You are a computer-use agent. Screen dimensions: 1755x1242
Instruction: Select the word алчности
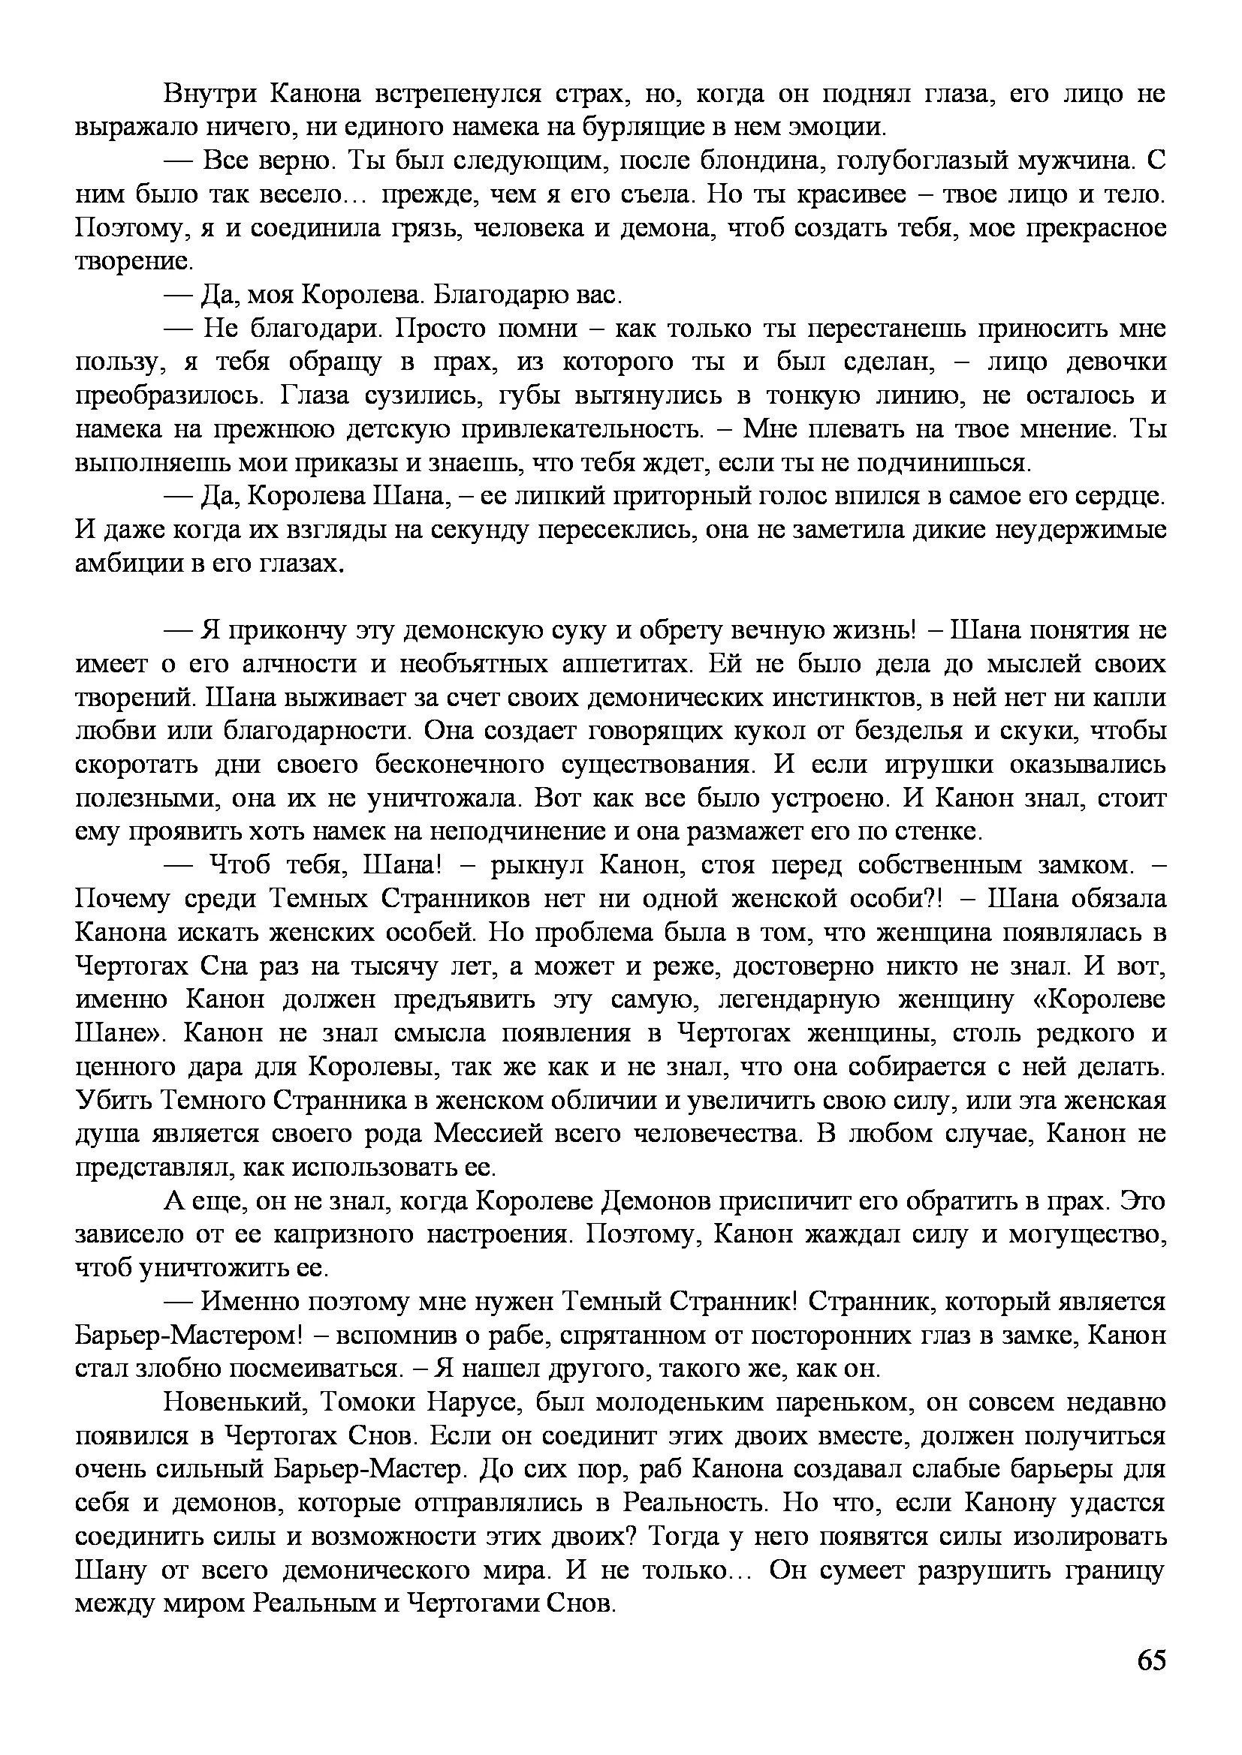point(298,664)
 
